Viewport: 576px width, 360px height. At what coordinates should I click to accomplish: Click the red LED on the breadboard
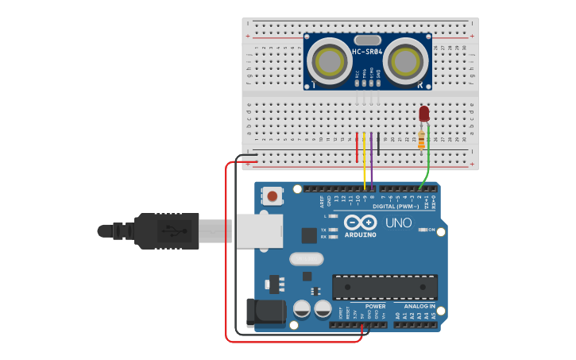click(424, 113)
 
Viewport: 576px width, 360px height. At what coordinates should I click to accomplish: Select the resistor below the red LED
click(421, 141)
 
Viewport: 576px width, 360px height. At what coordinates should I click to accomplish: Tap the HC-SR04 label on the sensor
click(367, 52)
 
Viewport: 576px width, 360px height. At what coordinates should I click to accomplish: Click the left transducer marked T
click(330, 60)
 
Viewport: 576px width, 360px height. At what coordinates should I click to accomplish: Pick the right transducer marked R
click(405, 60)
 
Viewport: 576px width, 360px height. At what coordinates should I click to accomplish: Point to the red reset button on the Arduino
click(273, 195)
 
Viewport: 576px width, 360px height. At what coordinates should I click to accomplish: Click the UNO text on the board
click(398, 223)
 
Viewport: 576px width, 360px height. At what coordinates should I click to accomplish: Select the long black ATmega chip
click(385, 287)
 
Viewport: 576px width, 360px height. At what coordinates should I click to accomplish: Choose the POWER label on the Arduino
click(375, 306)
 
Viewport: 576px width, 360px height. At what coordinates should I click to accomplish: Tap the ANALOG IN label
click(419, 306)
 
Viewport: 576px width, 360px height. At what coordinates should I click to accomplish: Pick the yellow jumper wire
click(364, 159)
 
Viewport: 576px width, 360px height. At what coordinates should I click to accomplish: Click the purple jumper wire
click(371, 159)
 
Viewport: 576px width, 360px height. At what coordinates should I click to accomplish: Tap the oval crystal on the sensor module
click(367, 40)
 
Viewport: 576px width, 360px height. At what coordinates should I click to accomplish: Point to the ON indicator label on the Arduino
click(431, 230)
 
